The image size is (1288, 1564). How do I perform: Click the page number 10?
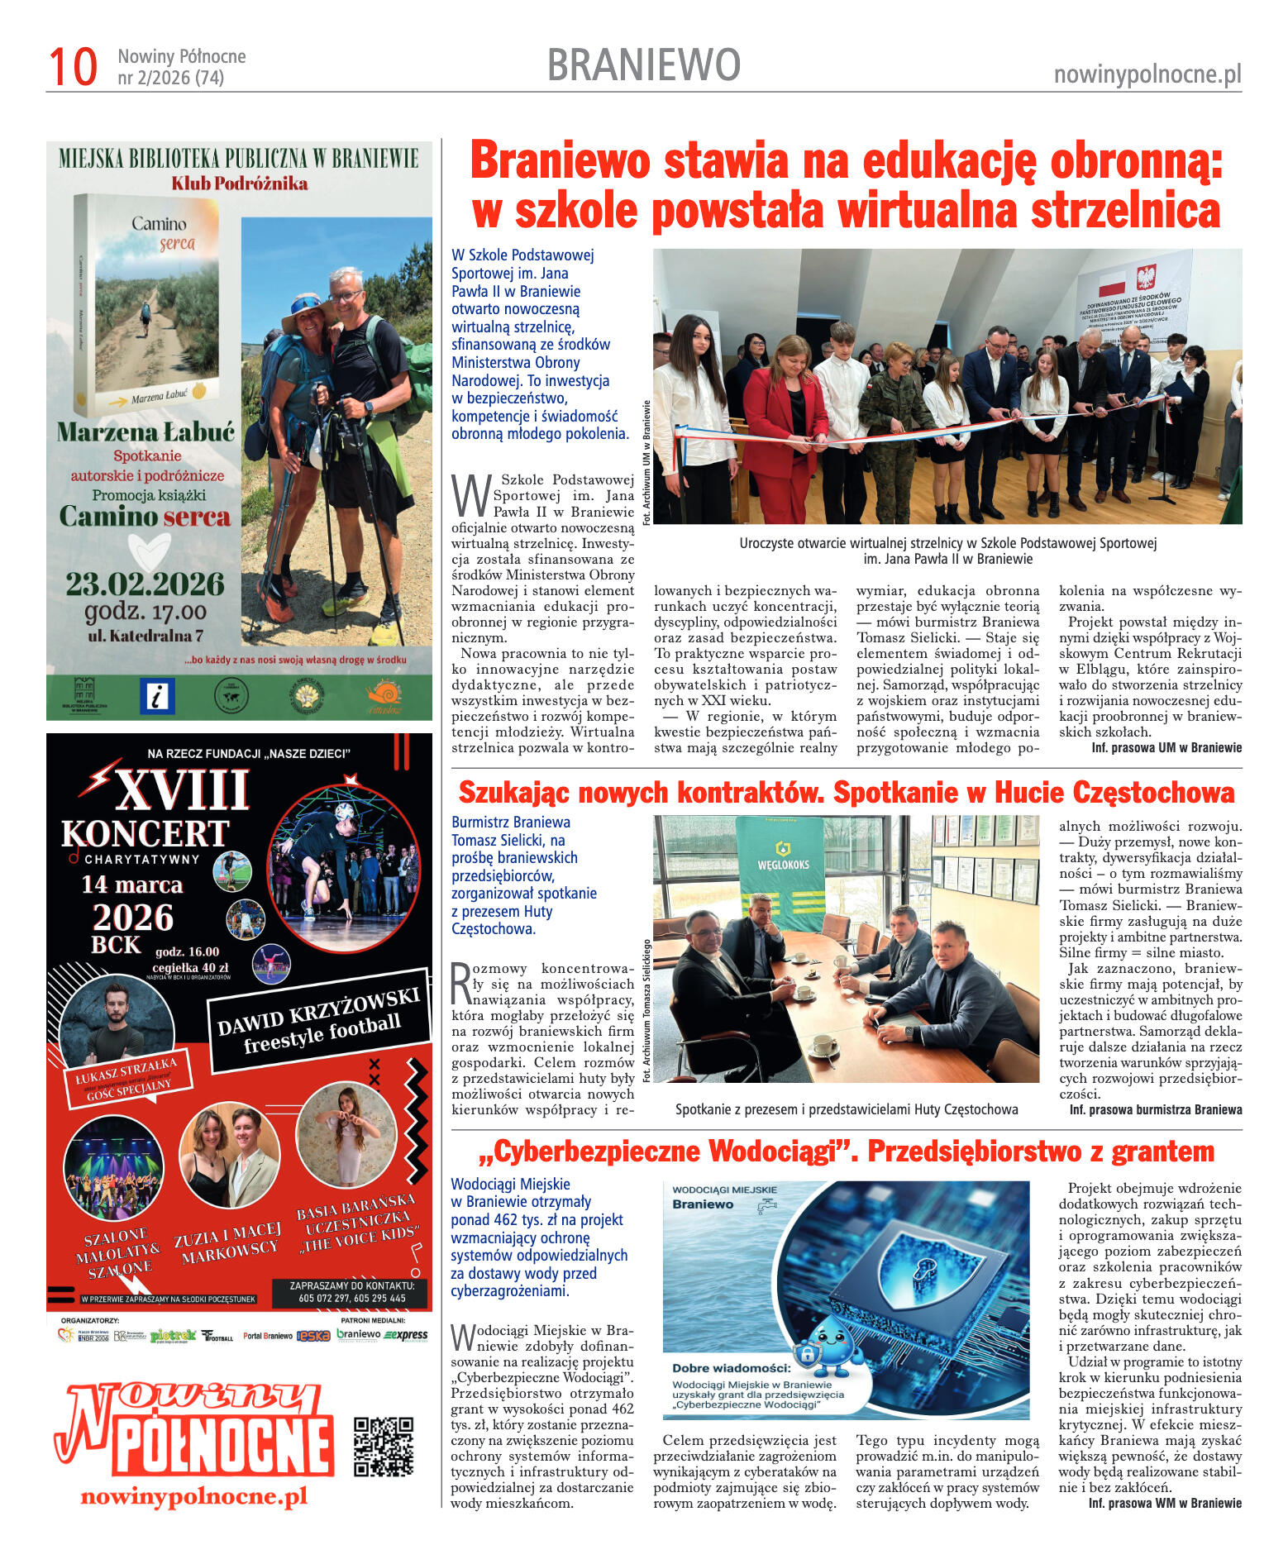[x=73, y=67]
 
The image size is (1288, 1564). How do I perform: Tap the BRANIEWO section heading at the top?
[x=643, y=65]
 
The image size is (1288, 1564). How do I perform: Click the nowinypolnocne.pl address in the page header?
[x=1147, y=75]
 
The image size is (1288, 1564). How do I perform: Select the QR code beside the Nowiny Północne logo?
[x=383, y=1446]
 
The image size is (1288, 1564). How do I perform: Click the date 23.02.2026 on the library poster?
[x=145, y=584]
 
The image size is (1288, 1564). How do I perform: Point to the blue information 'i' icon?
[x=157, y=695]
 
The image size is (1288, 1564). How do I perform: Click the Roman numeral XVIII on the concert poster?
[x=182, y=789]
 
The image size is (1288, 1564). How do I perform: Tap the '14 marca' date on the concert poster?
[x=131, y=885]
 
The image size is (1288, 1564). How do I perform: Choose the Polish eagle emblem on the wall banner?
[x=1146, y=277]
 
